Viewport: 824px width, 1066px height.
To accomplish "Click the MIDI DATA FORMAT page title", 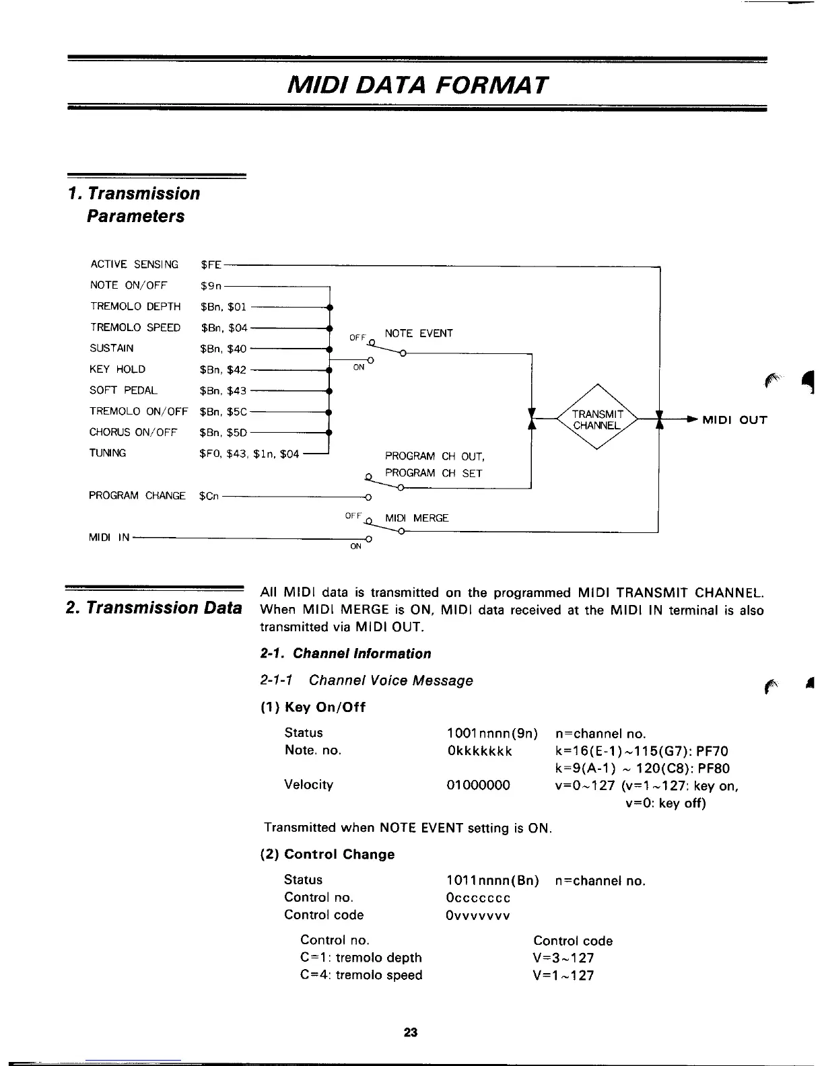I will (417, 85).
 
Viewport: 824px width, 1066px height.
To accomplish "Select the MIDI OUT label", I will (734, 421).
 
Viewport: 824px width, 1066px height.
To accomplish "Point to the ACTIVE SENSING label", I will (134, 264).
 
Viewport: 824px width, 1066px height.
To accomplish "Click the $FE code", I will (211, 264).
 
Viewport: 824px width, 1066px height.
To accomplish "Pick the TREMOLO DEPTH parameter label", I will (135, 306).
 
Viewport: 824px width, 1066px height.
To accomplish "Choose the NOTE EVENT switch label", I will (419, 333).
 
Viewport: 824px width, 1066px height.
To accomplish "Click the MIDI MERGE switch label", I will (416, 518).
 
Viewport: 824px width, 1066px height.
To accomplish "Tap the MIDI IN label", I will (109, 537).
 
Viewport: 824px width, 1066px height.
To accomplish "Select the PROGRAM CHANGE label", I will (137, 495).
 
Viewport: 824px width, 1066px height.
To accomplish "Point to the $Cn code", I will (209, 496).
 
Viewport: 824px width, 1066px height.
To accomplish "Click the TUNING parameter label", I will (108, 453).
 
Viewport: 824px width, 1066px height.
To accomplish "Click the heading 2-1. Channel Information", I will (345, 653).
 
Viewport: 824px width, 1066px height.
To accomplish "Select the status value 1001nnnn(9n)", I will (492, 733).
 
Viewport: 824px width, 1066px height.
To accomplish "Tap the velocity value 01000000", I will (478, 785).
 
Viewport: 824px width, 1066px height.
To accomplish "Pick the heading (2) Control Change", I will (327, 854).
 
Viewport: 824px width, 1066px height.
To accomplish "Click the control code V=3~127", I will (563, 958).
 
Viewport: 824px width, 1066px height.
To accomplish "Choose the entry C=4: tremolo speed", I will (361, 975).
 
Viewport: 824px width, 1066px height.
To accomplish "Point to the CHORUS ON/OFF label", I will (133, 432).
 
